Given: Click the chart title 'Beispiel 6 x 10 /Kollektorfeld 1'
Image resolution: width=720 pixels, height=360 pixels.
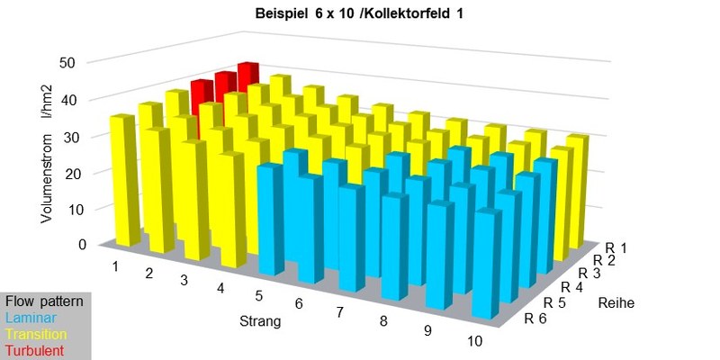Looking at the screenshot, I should click(360, 15).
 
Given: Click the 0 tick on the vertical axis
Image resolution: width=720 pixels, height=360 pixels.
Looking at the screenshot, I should click(80, 244).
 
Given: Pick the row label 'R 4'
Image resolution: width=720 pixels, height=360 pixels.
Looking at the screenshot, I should click(573, 286).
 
